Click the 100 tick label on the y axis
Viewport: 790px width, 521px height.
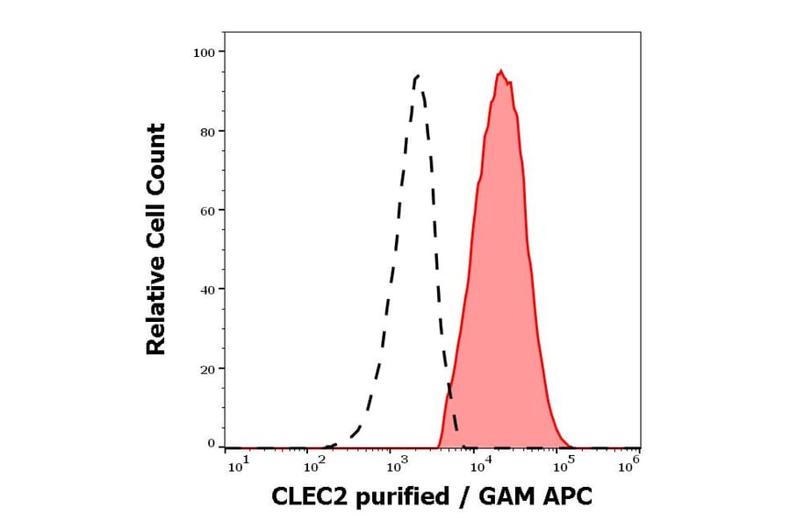pyautogui.click(x=204, y=53)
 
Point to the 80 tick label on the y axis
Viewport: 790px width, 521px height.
pyautogui.click(x=207, y=132)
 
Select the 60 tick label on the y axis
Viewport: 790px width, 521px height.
pyautogui.click(x=207, y=211)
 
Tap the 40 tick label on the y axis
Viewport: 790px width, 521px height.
pyautogui.click(x=207, y=289)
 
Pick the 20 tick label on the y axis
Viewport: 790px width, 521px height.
pyautogui.click(x=207, y=369)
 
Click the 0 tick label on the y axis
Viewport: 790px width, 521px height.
pyautogui.click(x=211, y=444)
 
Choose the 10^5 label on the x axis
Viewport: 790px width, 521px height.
pyautogui.click(x=558, y=466)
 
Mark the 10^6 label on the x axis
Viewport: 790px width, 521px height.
pyautogui.click(x=630, y=466)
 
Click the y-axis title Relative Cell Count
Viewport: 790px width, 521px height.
pyautogui.click(x=156, y=239)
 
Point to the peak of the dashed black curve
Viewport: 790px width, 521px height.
pyautogui.click(x=417, y=75)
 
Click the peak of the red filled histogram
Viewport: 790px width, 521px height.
pyautogui.click(x=500, y=71)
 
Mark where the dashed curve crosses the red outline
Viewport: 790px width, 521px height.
pyautogui.click(x=449, y=387)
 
